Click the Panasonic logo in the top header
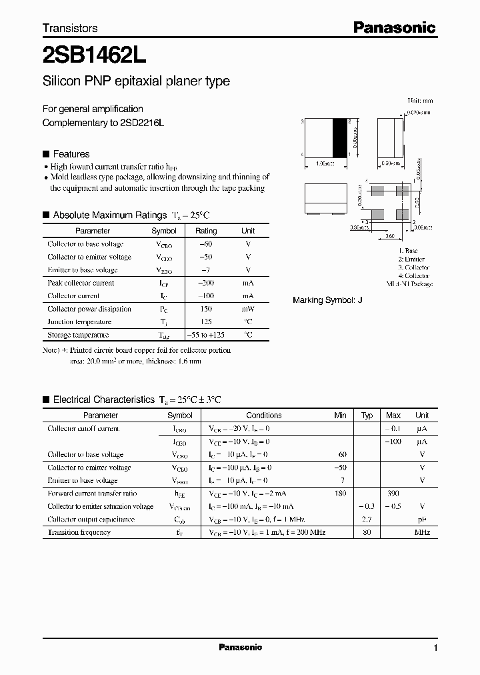394,27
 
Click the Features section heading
71,153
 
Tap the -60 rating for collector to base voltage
205,244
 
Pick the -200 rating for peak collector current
205,283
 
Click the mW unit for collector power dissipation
247,309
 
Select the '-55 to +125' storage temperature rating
205,335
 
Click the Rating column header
205,231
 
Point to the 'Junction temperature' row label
79,321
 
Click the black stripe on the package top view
340,138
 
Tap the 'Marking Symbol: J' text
327,300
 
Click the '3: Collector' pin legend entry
413,267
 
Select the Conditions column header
264,415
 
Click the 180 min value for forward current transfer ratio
340,494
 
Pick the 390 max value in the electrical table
393,494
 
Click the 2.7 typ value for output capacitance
366,519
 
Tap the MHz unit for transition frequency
422,532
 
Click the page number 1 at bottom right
435,648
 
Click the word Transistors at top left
70,28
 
